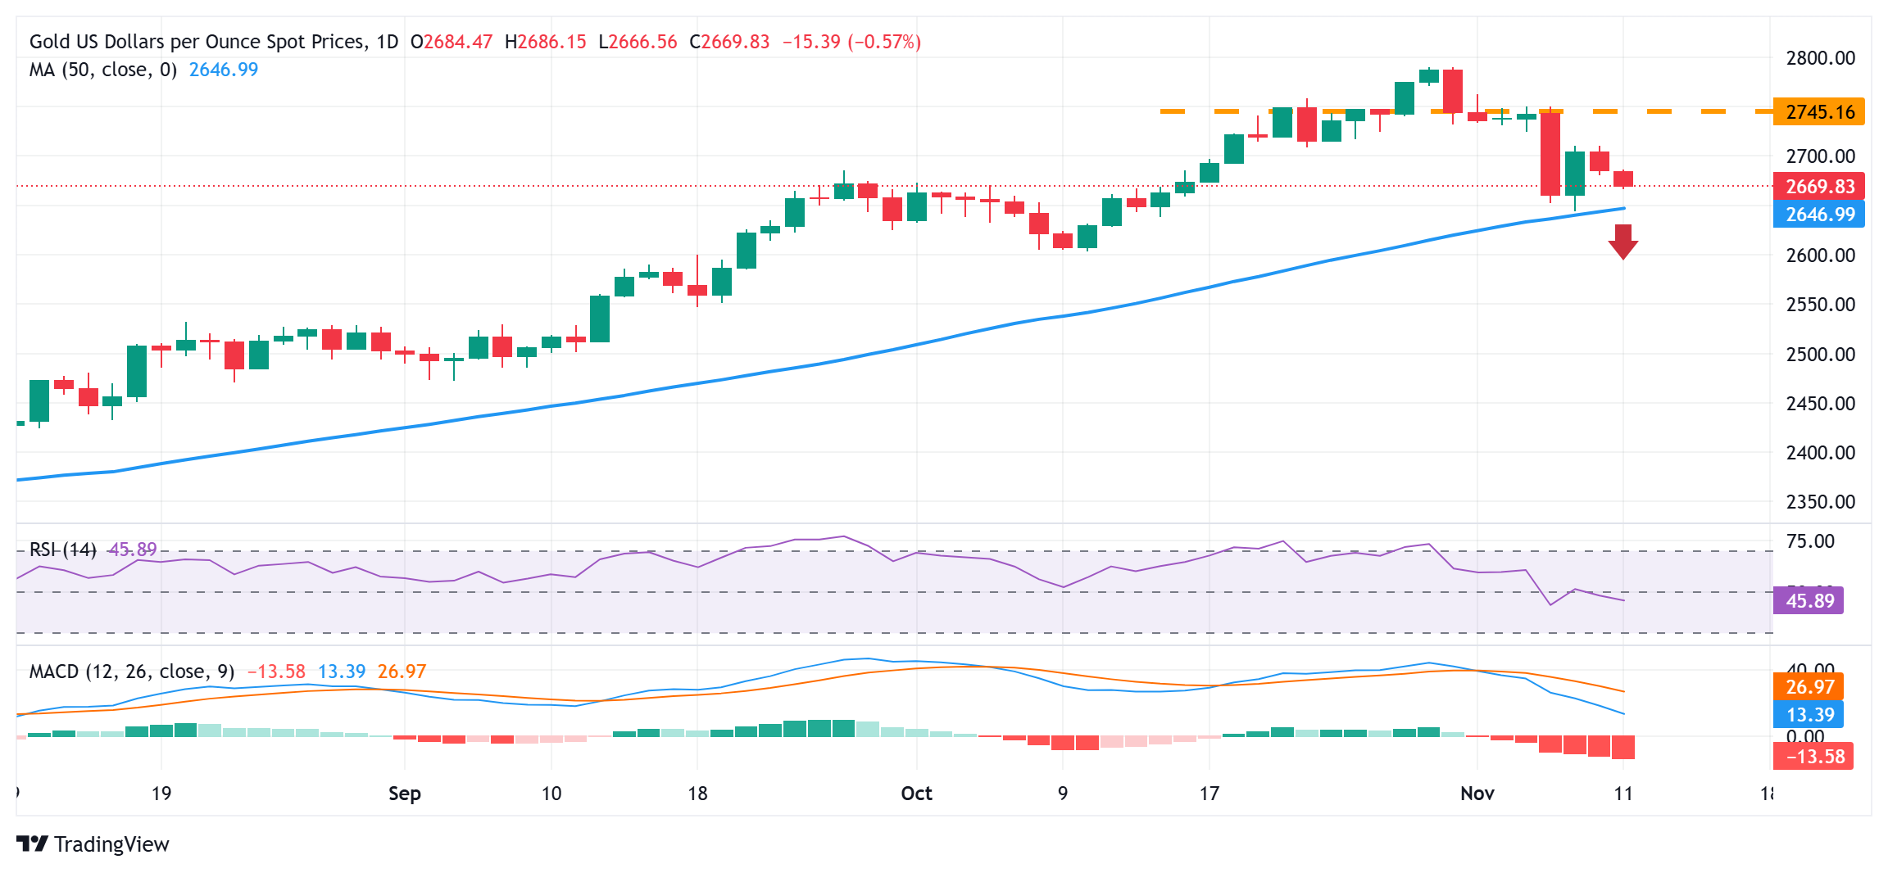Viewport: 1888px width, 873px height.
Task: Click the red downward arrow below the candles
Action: click(1622, 242)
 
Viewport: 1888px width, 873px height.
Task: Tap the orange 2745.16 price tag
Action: click(1818, 112)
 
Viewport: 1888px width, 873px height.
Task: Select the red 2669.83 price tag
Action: click(1818, 187)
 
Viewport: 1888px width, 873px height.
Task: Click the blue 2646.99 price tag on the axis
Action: click(1818, 215)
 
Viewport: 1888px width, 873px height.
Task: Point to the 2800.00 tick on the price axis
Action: click(1820, 58)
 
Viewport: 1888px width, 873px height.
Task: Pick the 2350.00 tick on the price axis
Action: click(1820, 502)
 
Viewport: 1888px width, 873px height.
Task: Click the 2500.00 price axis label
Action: click(1820, 355)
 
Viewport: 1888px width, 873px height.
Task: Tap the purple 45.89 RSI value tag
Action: click(1809, 601)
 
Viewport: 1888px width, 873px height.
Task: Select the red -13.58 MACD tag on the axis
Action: click(1813, 757)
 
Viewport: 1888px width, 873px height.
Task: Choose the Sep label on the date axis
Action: click(404, 794)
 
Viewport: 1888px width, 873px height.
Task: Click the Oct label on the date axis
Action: click(916, 794)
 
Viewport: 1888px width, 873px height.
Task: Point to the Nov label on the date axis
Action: click(1477, 794)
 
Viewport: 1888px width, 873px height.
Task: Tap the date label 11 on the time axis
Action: click(1622, 794)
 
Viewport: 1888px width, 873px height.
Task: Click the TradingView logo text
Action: click(111, 844)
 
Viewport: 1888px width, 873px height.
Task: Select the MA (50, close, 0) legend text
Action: click(103, 70)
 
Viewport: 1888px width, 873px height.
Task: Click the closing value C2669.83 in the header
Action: click(729, 42)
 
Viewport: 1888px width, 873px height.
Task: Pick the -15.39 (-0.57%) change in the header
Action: click(851, 42)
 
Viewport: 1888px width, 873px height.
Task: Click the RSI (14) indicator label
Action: click(62, 550)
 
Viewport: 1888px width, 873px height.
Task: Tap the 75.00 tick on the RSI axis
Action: click(1810, 541)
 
